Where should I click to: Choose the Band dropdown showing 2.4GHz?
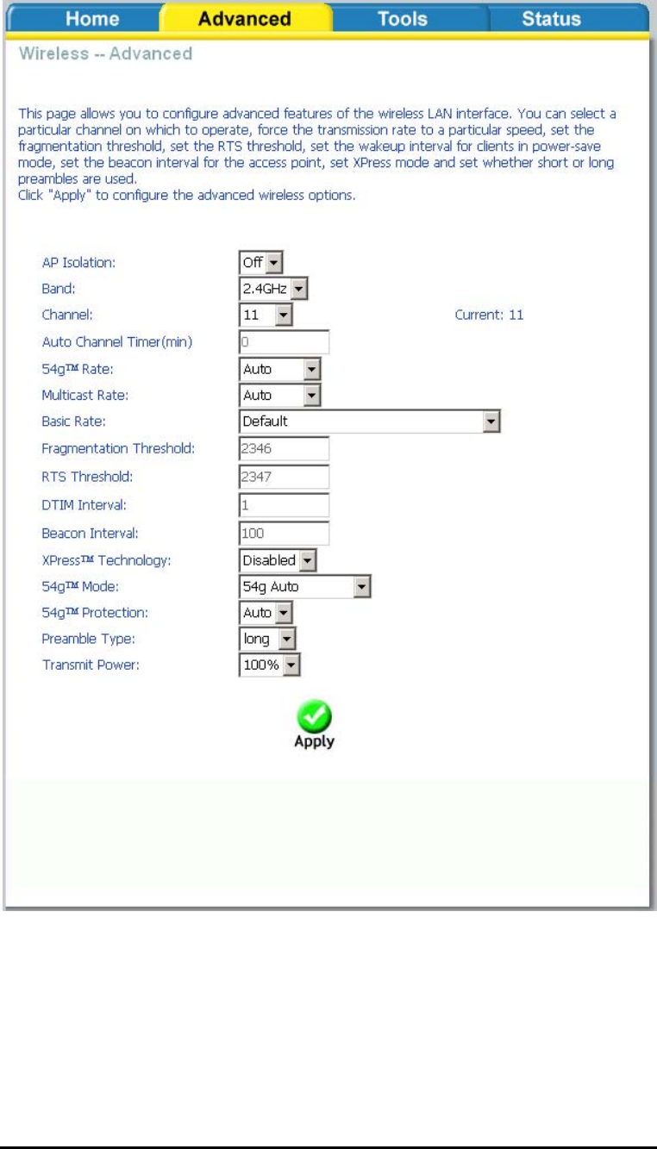pyautogui.click(x=273, y=288)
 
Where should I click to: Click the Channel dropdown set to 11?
pyautogui.click(x=266, y=315)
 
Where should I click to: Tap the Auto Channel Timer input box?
pyautogui.click(x=284, y=341)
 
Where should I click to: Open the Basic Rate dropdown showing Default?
pyautogui.click(x=370, y=422)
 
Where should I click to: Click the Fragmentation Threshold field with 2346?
pyautogui.click(x=284, y=448)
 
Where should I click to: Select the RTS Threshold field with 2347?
pyautogui.click(x=284, y=475)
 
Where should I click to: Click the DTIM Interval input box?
pyautogui.click(x=284, y=503)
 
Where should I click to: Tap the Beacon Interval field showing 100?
pyautogui.click(x=284, y=529)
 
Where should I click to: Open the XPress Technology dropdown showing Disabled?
pyautogui.click(x=278, y=560)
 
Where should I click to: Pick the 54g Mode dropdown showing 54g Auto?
pyautogui.click(x=304, y=587)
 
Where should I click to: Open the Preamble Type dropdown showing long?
pyautogui.click(x=266, y=640)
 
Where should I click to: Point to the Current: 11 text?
pyautogui.click(x=489, y=315)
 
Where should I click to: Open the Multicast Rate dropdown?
pyautogui.click(x=280, y=395)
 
